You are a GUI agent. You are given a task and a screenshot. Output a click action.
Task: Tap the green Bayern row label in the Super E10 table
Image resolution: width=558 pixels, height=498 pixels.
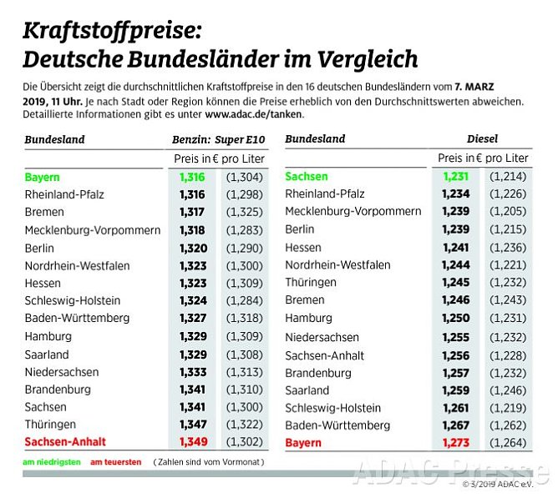[43, 178]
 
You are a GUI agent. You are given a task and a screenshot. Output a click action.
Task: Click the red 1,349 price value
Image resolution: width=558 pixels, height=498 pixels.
[192, 441]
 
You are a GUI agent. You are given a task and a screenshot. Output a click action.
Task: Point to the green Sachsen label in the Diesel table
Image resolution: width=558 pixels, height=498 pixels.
[307, 177]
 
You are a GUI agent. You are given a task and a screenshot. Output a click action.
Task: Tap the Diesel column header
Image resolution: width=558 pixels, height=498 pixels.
[483, 139]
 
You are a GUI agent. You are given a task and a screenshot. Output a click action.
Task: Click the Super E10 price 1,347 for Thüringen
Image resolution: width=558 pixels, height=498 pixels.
[192, 424]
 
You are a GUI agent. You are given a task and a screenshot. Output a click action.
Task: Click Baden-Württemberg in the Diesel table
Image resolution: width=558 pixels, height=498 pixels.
[337, 425]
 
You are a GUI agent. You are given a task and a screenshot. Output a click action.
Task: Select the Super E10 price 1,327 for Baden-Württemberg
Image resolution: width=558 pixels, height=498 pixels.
[192, 318]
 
